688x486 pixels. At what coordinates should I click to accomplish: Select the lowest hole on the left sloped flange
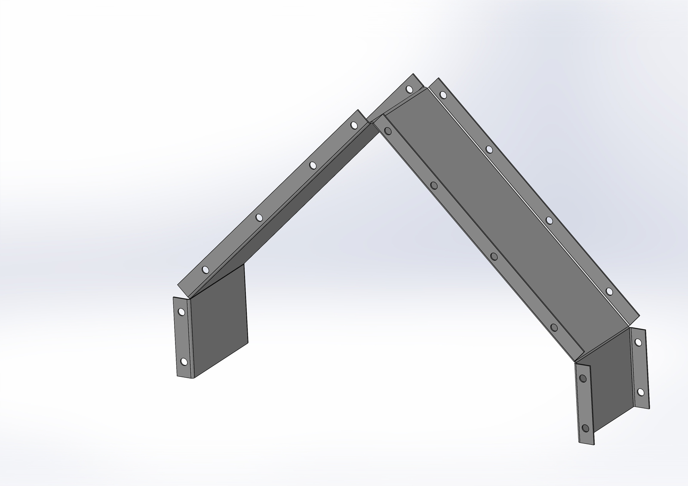[x=205, y=270]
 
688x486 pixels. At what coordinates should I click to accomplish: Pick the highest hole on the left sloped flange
[x=353, y=125]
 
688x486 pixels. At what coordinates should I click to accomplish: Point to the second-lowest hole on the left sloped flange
[x=259, y=217]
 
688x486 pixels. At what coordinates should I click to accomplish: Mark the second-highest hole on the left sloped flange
[x=313, y=165]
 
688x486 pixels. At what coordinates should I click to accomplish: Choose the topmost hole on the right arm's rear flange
[x=443, y=95]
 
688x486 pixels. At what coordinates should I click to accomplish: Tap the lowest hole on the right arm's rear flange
[x=609, y=292]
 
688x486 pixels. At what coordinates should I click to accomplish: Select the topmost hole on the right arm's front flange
[x=388, y=131]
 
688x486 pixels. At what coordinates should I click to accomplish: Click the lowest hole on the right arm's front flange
[x=554, y=328]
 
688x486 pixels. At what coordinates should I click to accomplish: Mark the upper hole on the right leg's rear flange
[x=638, y=342]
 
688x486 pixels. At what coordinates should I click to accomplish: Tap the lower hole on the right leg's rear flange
[x=640, y=392]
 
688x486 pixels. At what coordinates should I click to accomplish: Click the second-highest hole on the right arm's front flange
[x=434, y=186]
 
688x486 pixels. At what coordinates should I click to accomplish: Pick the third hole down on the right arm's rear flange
[x=549, y=220]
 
